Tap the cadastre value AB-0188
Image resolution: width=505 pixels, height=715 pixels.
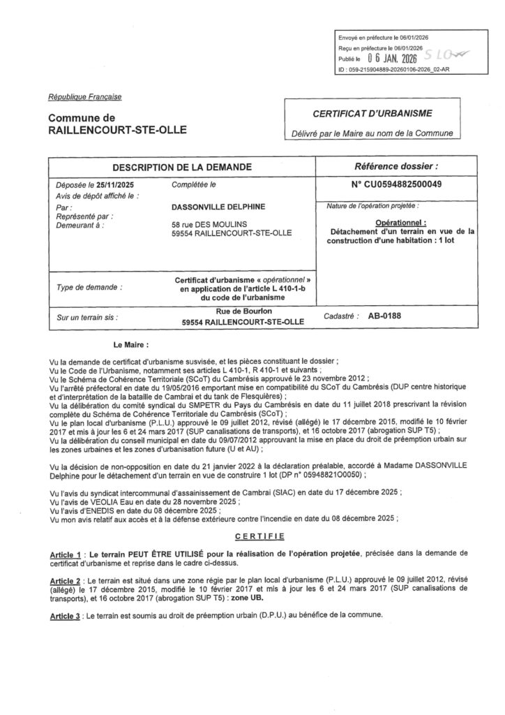click(384, 316)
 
